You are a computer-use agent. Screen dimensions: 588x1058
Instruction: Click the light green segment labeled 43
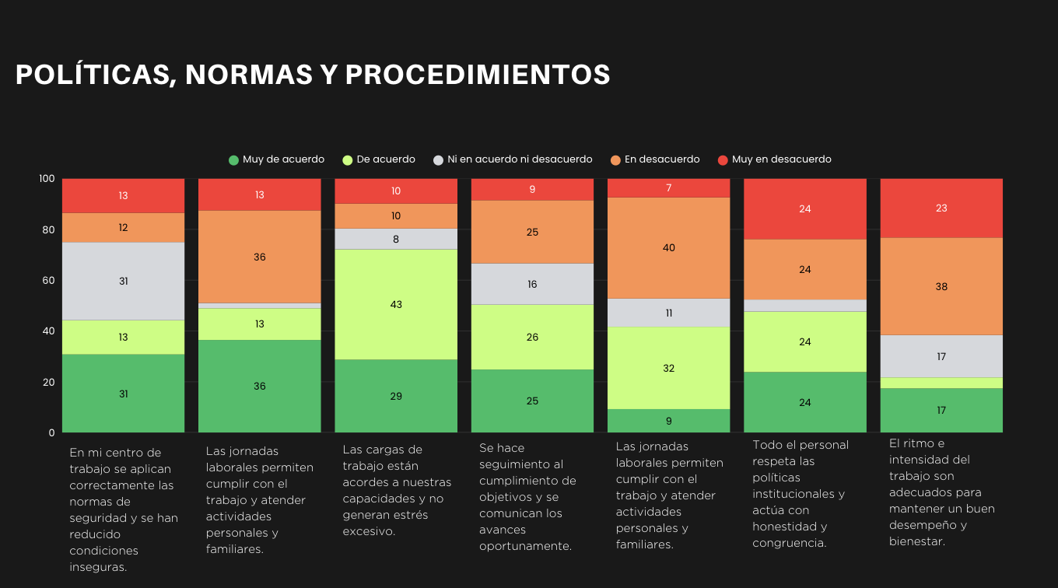(x=396, y=304)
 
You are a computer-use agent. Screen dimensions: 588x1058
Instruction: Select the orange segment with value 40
(x=669, y=248)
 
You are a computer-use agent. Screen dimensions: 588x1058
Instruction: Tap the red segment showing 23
(x=941, y=208)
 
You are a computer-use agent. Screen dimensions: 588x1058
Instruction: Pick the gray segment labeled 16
(x=532, y=284)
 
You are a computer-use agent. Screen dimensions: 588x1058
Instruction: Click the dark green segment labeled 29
(x=396, y=396)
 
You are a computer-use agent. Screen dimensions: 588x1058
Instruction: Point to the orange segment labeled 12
(x=124, y=228)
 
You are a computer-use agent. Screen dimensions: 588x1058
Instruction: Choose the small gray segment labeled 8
(x=396, y=239)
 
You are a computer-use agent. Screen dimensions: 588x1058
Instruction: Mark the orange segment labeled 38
(x=941, y=286)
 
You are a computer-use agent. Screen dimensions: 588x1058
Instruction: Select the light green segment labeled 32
(x=669, y=368)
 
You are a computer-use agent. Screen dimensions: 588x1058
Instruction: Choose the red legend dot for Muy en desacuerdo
(x=723, y=160)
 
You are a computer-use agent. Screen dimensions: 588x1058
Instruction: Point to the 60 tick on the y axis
(x=47, y=280)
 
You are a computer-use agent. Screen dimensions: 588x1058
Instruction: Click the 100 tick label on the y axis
(x=47, y=179)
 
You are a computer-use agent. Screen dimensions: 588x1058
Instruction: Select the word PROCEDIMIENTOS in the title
(x=478, y=75)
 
